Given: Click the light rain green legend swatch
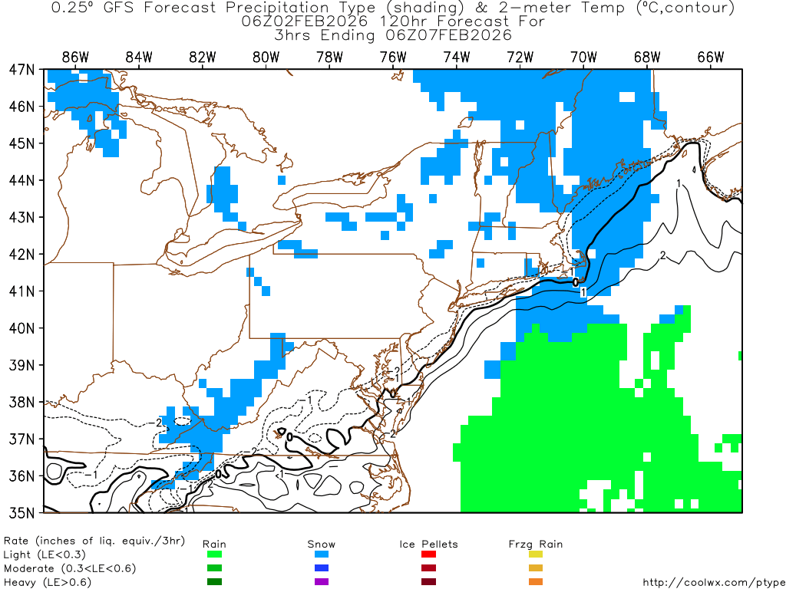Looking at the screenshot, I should click(x=214, y=554).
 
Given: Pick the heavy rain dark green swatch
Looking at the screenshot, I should click(x=214, y=581).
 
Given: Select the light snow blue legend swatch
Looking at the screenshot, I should click(x=322, y=554).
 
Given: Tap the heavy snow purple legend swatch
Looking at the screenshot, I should click(x=322, y=581).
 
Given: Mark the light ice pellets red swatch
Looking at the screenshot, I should click(x=428, y=554).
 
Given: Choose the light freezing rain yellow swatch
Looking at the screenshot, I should click(x=536, y=554).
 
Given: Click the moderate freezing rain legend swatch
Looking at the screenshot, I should click(x=536, y=568).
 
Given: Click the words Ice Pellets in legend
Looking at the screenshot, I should click(x=428, y=545).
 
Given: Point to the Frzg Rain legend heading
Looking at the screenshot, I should click(x=536, y=545).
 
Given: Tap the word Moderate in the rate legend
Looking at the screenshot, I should click(x=29, y=568).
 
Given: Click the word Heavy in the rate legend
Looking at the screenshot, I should click(x=20, y=582).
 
